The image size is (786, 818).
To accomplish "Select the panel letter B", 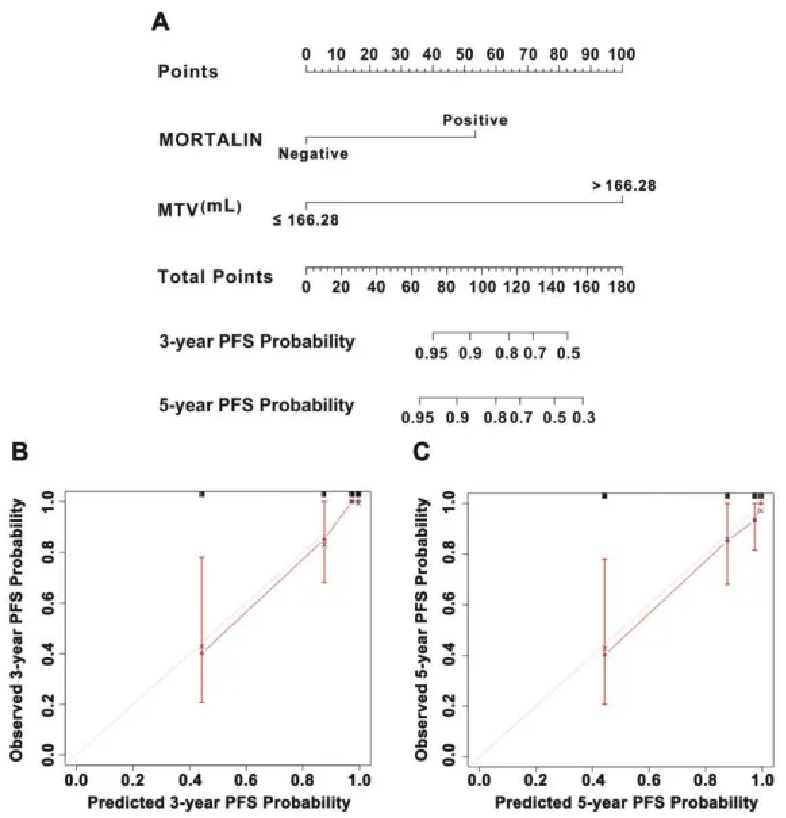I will point(18,453).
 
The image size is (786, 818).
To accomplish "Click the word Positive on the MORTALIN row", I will point(475,121).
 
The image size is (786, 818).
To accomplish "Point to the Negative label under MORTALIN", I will point(313,154).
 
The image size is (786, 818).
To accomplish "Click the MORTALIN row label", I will point(209,140).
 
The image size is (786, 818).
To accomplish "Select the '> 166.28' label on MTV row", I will point(624,185).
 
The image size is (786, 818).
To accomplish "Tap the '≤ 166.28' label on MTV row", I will point(305,220).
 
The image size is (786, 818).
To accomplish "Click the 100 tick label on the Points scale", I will point(622,53).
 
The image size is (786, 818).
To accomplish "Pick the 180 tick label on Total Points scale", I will point(621,286).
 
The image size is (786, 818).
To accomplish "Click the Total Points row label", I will point(215,276).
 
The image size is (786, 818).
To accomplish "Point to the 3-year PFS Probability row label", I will point(257,342).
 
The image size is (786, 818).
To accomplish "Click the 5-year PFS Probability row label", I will point(257,405).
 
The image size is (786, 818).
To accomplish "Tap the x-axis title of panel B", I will point(218,802).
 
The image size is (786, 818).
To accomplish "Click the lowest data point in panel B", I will point(202,652).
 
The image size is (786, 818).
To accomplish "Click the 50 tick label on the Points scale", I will point(464,53).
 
